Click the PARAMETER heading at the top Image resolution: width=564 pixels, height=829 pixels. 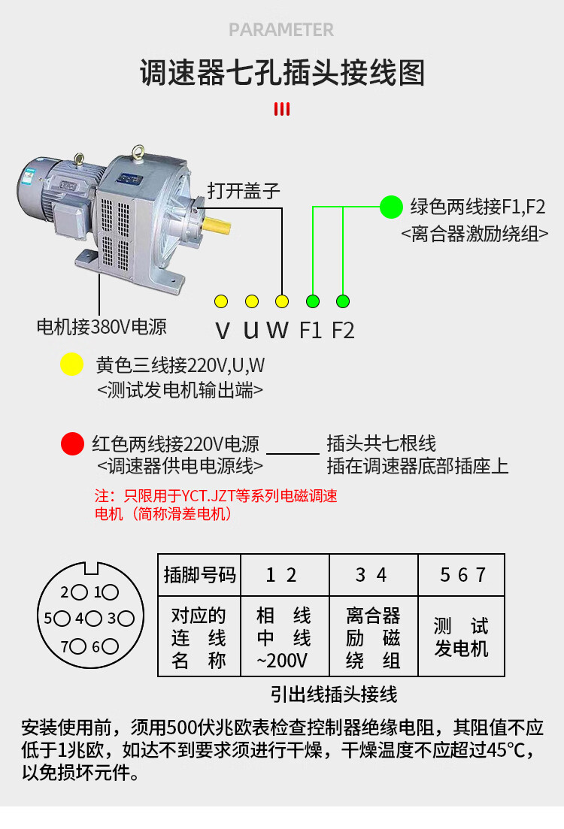click(x=281, y=30)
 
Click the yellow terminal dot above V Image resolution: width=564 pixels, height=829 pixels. click(x=221, y=301)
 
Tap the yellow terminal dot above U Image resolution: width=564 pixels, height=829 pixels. click(x=252, y=301)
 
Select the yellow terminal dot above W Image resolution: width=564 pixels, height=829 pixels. click(x=282, y=301)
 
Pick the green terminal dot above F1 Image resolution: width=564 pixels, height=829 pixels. click(x=313, y=301)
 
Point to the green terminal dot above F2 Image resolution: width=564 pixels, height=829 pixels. click(x=343, y=301)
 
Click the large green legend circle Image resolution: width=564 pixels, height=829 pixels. click(x=391, y=207)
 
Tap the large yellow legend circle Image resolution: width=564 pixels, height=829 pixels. click(x=71, y=365)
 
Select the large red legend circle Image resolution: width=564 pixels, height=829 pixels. click(x=72, y=443)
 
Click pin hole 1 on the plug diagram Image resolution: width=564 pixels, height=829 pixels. click(x=111, y=592)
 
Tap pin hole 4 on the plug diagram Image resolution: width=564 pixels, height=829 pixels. click(x=93, y=619)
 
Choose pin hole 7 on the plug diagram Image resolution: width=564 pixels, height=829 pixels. click(x=77, y=646)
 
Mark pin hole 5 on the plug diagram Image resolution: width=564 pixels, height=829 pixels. click(x=61, y=619)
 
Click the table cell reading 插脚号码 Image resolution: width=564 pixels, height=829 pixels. click(x=199, y=576)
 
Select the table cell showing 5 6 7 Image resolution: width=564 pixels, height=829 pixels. click(x=462, y=576)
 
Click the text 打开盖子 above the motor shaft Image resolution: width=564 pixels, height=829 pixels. click(x=244, y=190)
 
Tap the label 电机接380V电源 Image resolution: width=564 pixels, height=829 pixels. click(x=102, y=327)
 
